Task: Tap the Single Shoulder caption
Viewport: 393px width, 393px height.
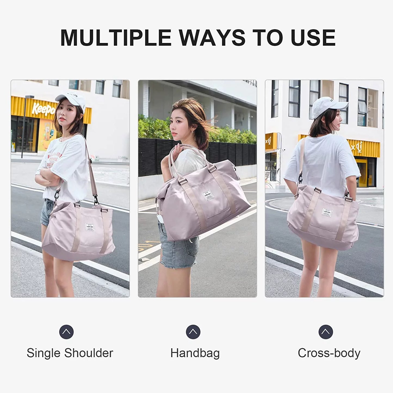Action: (x=70, y=353)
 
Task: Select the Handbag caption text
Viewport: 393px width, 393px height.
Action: (x=195, y=353)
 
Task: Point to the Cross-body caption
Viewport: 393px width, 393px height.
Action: (x=329, y=353)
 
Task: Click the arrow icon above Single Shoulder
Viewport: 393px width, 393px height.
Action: (x=66, y=332)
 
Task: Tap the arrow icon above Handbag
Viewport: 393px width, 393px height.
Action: (x=193, y=332)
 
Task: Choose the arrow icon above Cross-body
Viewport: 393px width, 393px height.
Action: (x=326, y=332)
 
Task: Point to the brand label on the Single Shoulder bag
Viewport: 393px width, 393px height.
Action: (x=90, y=227)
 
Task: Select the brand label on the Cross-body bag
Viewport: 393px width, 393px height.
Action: (x=327, y=212)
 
